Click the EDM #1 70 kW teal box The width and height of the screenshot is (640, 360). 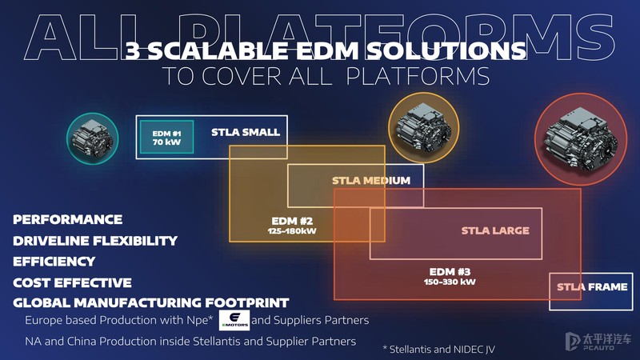coord(167,137)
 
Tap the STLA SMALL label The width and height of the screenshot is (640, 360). coord(246,132)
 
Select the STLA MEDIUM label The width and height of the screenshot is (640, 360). coord(370,180)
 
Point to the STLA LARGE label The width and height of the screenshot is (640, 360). coord(495,230)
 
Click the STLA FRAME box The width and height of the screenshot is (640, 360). coord(592,287)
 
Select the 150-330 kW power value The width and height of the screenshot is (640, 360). coord(450,282)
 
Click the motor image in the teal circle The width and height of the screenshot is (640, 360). coord(92,138)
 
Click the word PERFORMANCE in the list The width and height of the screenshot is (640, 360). coord(68,219)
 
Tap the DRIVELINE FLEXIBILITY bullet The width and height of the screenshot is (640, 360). coord(95,240)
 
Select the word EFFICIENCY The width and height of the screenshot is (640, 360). coord(54,262)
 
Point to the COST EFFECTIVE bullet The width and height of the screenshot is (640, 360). coord(72,282)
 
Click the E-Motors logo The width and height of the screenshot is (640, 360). coord(234,320)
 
